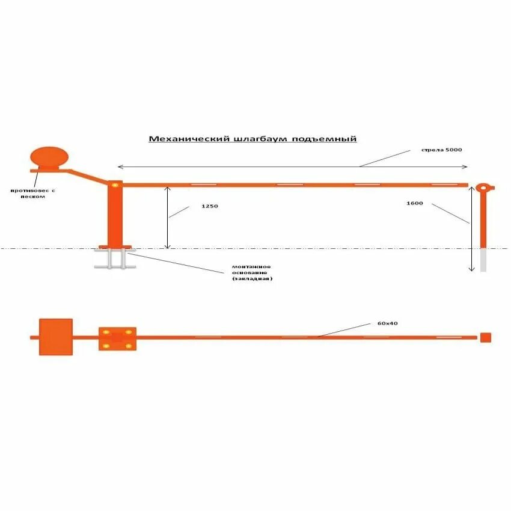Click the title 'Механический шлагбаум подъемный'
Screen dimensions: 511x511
(x=252, y=139)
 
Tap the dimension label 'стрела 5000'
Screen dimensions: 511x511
(x=442, y=150)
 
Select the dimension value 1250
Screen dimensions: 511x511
(x=209, y=206)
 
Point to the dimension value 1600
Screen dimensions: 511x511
(x=415, y=203)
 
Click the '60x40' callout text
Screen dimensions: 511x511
(x=388, y=323)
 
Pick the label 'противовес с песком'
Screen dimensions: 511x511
(x=32, y=193)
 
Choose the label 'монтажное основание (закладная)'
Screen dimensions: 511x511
(x=252, y=272)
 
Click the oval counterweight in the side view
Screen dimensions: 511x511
(x=49, y=157)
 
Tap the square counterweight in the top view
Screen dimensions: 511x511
(x=55, y=337)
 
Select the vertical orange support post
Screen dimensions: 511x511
(x=115, y=216)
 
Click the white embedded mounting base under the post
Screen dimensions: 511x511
(x=114, y=259)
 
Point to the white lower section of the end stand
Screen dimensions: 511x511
(x=483, y=260)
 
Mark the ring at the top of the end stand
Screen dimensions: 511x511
(x=483, y=188)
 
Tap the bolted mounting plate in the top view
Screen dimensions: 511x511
(x=117, y=339)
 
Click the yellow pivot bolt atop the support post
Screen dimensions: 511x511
(x=115, y=184)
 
